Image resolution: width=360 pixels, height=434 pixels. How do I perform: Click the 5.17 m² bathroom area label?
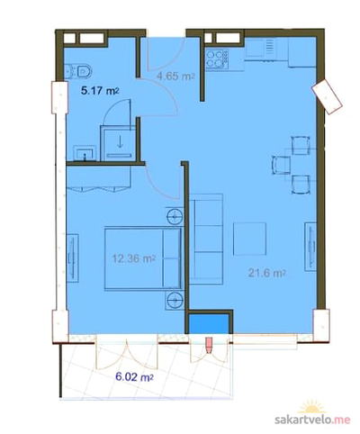point(100,91)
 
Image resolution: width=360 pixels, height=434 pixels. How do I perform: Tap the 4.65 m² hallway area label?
point(175,77)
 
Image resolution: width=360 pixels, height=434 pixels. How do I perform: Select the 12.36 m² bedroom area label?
point(134,258)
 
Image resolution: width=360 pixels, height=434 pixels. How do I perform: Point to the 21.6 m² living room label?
point(266,273)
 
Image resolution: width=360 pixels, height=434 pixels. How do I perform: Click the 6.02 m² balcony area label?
point(134,377)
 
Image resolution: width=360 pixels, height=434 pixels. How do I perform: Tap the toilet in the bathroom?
point(78,72)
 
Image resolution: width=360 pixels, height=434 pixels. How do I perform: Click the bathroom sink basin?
point(85,153)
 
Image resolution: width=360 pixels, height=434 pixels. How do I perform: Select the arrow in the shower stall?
point(120,141)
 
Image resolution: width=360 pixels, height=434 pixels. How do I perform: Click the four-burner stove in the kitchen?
point(217,59)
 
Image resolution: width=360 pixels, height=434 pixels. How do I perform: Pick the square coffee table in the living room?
point(250,239)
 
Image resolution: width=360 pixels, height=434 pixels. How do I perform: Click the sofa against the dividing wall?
point(206,239)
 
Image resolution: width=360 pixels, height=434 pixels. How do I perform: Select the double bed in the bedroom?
point(143,258)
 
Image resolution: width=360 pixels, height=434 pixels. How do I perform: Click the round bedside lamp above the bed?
point(175,215)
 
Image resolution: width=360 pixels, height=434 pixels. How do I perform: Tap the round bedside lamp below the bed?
point(175,299)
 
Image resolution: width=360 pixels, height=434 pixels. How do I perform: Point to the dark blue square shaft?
point(209,324)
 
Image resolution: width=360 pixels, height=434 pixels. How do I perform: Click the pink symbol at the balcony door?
point(209,345)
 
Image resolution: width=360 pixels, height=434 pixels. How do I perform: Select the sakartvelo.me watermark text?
point(312,419)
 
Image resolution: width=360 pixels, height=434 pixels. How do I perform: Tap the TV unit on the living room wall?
point(310,247)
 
